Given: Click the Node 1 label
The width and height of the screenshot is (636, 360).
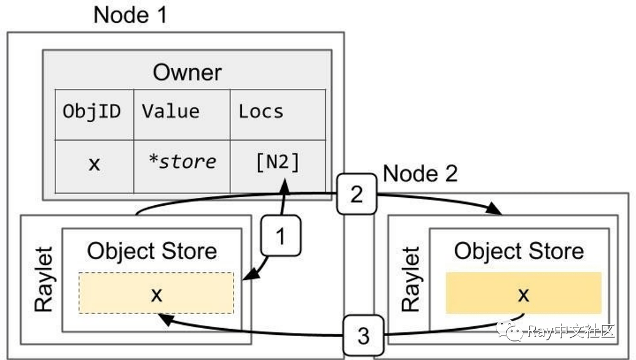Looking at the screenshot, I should [130, 15].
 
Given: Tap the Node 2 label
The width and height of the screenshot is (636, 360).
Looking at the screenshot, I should [420, 174].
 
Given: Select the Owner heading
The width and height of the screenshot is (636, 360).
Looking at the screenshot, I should [187, 72].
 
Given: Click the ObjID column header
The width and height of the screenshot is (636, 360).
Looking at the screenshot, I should [92, 112].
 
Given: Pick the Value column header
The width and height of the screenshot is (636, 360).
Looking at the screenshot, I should [171, 112].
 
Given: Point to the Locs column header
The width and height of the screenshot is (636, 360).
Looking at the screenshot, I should [261, 112].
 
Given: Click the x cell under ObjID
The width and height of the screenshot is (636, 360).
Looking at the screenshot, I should [94, 164].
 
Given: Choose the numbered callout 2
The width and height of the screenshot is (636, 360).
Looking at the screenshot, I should [356, 195].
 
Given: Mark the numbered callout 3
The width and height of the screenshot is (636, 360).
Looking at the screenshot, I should [363, 336].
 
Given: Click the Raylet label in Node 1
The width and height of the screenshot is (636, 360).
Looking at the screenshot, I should [43, 280].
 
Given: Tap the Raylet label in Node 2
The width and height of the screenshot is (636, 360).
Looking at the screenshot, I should [410, 280].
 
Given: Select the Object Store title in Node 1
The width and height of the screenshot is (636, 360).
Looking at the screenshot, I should [152, 251].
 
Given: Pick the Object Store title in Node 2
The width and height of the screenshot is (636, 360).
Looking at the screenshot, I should [519, 251].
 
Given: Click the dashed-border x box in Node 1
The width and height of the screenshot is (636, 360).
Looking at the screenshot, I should [156, 294].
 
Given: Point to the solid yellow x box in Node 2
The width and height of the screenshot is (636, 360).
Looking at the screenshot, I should [523, 294].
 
